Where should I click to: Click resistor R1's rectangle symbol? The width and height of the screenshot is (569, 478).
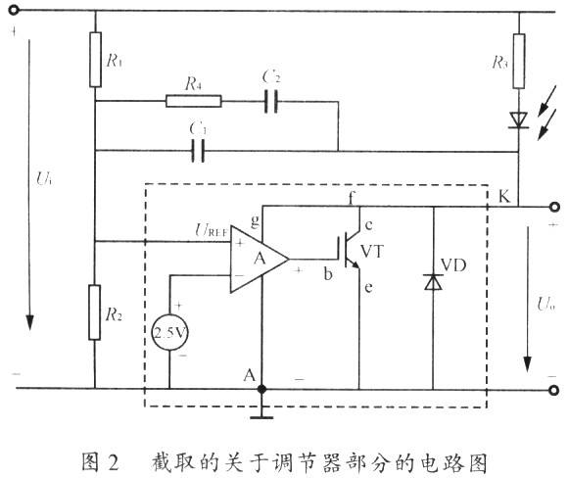(95, 60)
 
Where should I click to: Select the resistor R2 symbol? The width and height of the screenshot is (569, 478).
(95, 312)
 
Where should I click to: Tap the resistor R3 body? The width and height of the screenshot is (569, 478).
(519, 61)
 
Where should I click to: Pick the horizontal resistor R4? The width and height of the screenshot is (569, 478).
(193, 101)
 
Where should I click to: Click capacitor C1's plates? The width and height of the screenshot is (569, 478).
(198, 151)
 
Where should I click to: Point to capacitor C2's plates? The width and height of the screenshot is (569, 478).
(271, 101)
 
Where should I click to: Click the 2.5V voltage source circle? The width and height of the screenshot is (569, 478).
(169, 332)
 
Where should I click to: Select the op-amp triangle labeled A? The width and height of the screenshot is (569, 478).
(260, 260)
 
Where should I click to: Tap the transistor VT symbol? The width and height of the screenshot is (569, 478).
(352, 252)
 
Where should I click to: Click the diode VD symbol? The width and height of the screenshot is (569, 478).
(433, 282)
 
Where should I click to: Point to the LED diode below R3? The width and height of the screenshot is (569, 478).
(519, 120)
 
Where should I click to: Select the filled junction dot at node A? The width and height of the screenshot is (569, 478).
(261, 389)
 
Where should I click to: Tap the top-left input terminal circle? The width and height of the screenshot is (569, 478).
(14, 10)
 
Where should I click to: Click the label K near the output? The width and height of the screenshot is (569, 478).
(504, 196)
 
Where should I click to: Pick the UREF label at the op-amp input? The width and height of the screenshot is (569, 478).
(212, 230)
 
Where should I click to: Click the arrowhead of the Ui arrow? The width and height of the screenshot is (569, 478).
(29, 322)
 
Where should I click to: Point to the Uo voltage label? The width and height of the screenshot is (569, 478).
(546, 304)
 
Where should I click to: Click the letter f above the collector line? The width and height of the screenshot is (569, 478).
(351, 198)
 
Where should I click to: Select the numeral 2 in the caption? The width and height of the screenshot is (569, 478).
(114, 462)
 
